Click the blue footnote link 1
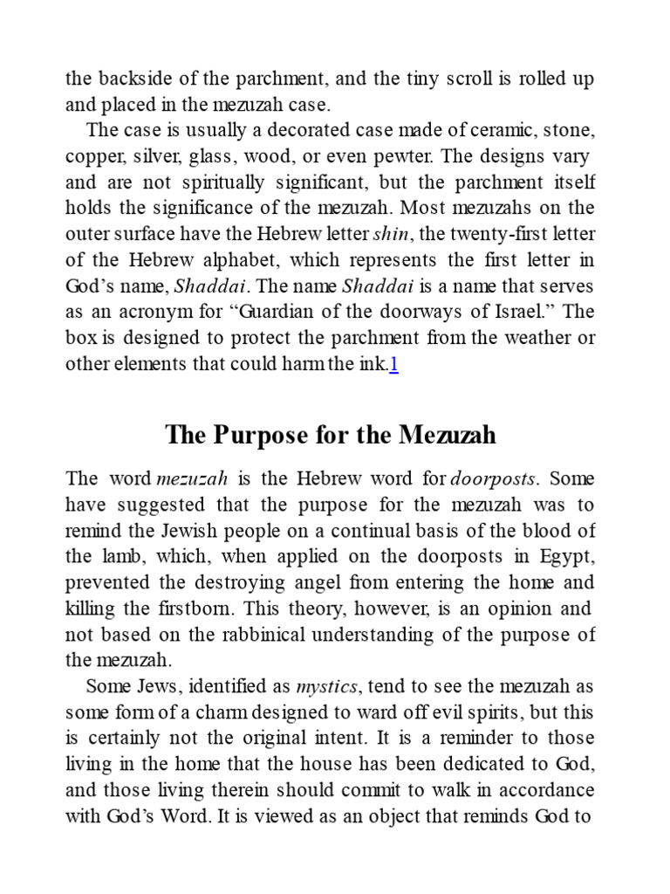point(394,366)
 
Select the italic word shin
point(389,235)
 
